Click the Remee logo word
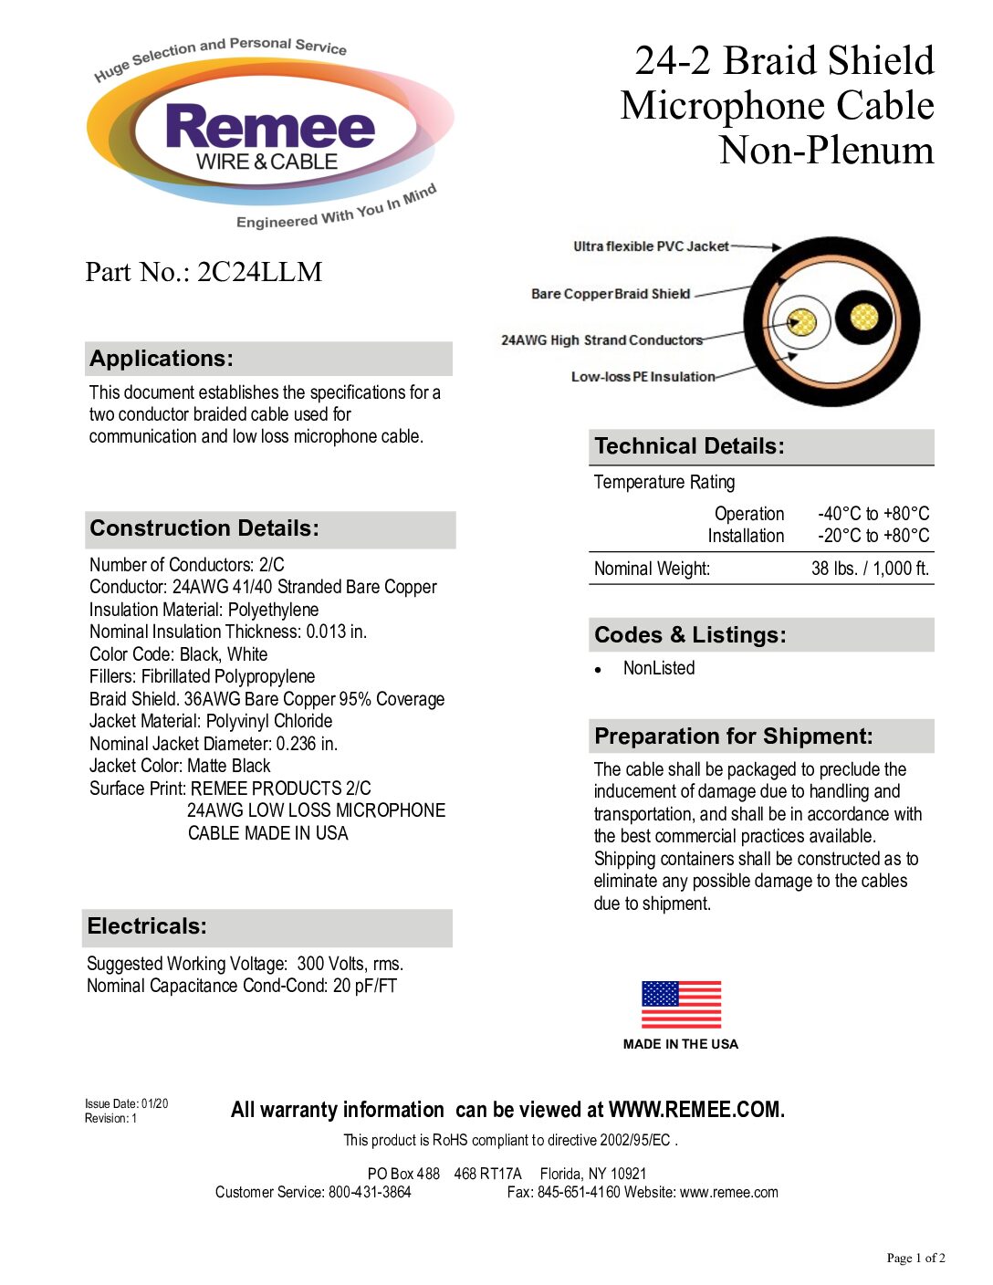(x=270, y=127)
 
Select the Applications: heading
(x=162, y=359)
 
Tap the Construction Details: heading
(x=204, y=528)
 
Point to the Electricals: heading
(x=147, y=926)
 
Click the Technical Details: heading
(x=689, y=446)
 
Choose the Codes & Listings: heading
(x=690, y=635)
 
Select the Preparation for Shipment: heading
(x=733, y=737)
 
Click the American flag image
(x=681, y=1005)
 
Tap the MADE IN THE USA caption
(x=681, y=1044)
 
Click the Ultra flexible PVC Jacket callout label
(x=651, y=246)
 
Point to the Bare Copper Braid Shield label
(x=611, y=294)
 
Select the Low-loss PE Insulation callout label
(x=643, y=377)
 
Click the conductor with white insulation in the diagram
(x=801, y=322)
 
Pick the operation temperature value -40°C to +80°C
(x=873, y=514)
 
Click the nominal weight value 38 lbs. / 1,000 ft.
(x=870, y=569)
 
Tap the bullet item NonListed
(x=659, y=668)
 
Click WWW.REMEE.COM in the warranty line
(x=696, y=1110)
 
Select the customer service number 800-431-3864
(x=370, y=1192)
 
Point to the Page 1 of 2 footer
(x=915, y=1258)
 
